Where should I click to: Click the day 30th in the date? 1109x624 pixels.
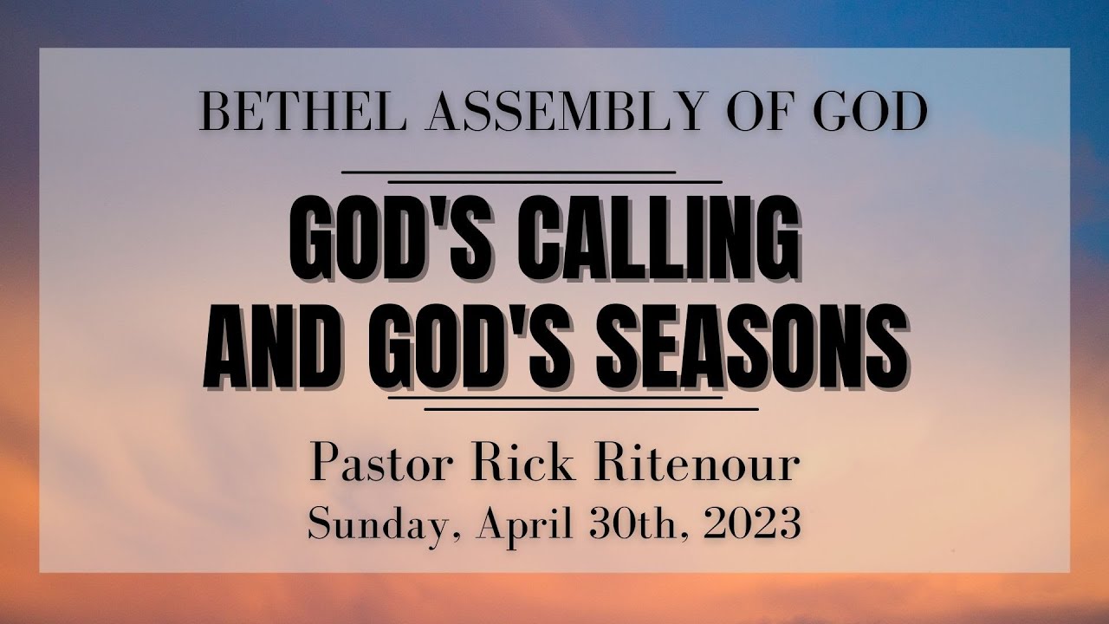[622, 523]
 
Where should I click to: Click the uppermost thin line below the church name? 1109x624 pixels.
[509, 172]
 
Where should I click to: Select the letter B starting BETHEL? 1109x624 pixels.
[213, 114]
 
